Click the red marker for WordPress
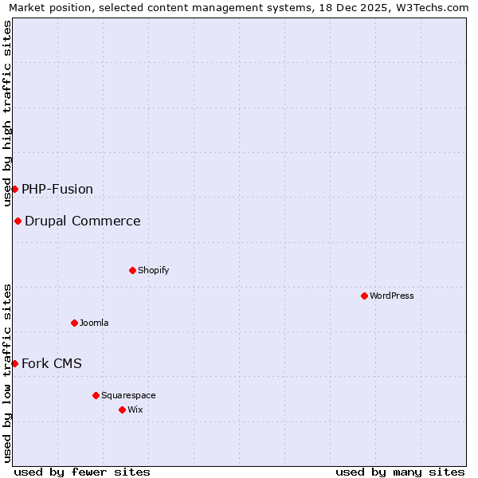(x=364, y=296)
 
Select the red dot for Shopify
(x=132, y=270)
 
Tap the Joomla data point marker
(x=74, y=323)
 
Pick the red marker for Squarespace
(x=96, y=395)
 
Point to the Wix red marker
(x=122, y=409)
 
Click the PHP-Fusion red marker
(x=14, y=189)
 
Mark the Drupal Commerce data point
(x=18, y=221)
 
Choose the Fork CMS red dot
(x=14, y=363)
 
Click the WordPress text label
(x=391, y=296)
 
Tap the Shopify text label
(x=153, y=270)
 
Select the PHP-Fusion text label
(x=57, y=189)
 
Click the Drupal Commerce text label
(x=82, y=221)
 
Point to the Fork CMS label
(x=52, y=363)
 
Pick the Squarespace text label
(x=128, y=395)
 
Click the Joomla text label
(x=94, y=323)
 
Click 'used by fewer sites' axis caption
(x=82, y=472)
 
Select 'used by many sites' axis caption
(x=400, y=472)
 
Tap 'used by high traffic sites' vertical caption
(x=7, y=113)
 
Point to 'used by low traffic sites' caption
(x=7, y=373)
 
